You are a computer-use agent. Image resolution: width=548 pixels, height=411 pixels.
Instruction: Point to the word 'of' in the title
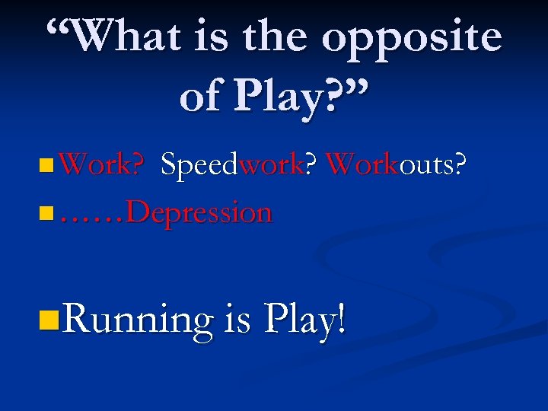pyautogui.click(x=202, y=95)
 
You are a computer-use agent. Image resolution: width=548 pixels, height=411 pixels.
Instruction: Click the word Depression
pyautogui.click(x=199, y=212)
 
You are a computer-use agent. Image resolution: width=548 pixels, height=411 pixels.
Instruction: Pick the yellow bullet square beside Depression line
pyautogui.click(x=49, y=212)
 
